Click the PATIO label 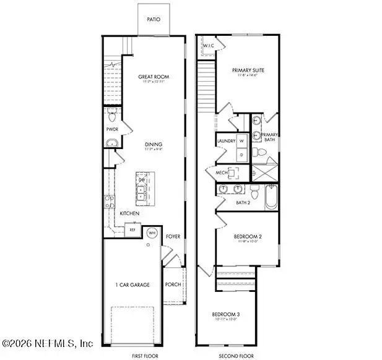tap(154, 19)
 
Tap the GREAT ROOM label tap(154, 77)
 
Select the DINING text tap(154, 144)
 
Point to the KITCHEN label tap(129, 213)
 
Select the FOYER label tap(173, 236)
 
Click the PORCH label tap(173, 285)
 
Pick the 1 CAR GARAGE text tap(132, 285)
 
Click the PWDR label tap(112, 129)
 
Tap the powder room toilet tap(112, 116)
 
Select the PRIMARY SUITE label tap(248, 71)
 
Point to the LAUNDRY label tap(225, 141)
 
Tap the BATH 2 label tap(243, 202)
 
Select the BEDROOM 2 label tap(248, 236)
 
